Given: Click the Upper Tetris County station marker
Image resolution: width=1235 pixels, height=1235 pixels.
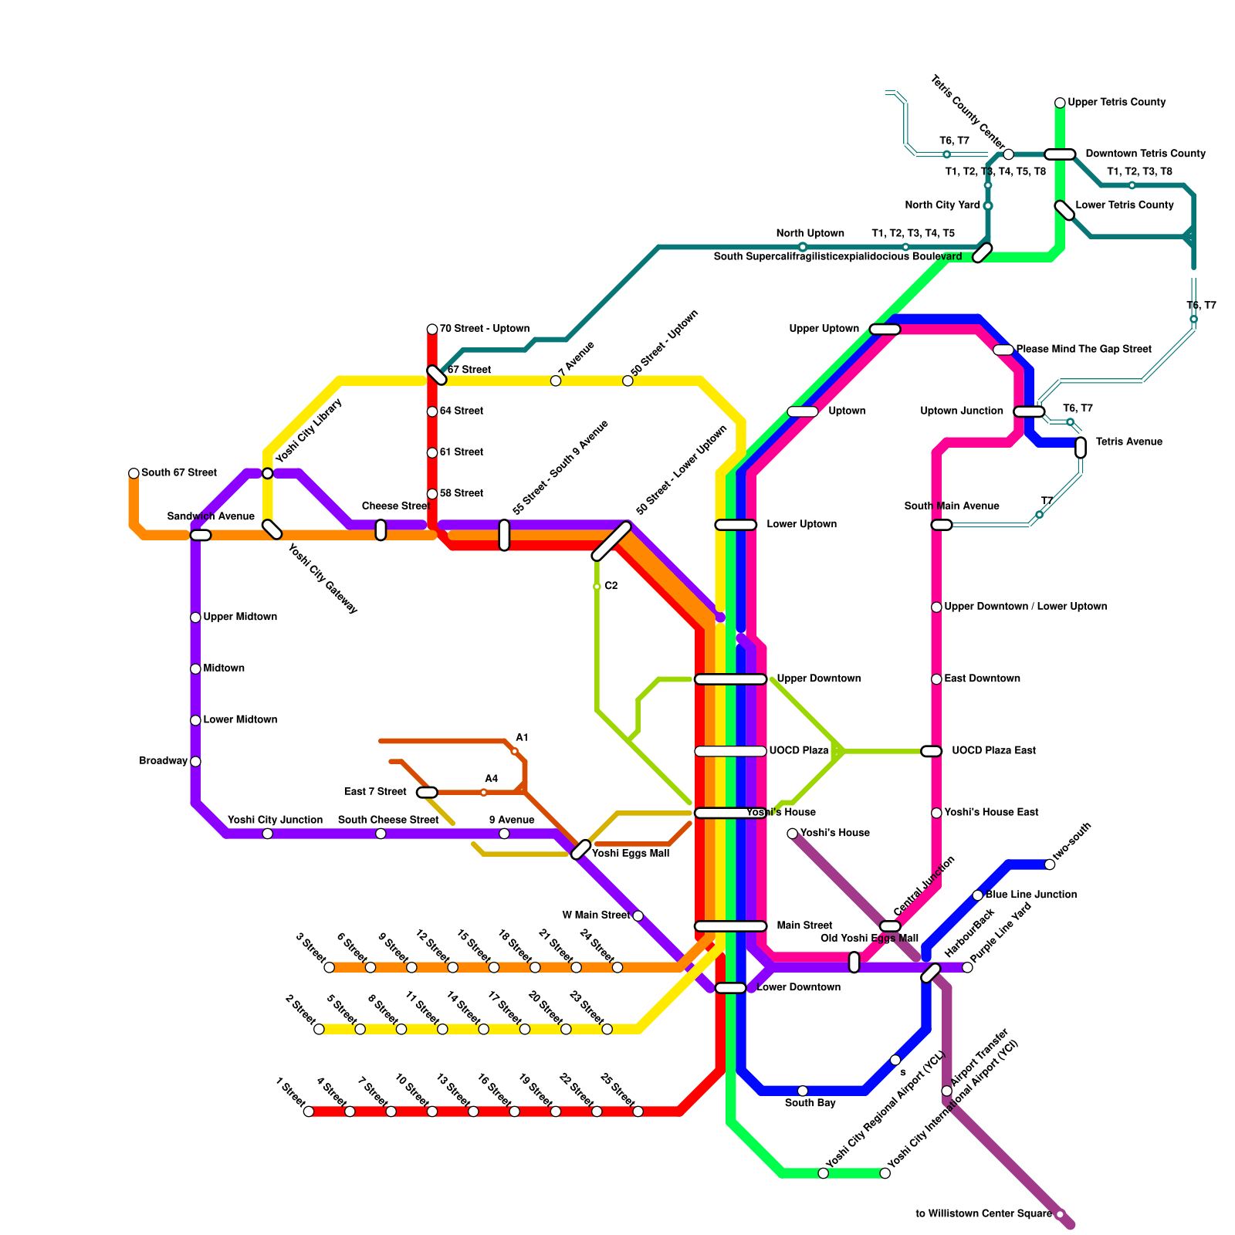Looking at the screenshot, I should [x=1060, y=103].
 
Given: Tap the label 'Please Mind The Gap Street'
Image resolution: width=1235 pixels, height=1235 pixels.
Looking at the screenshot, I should [x=1083, y=349].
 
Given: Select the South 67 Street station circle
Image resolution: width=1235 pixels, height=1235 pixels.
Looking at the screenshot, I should [x=134, y=473].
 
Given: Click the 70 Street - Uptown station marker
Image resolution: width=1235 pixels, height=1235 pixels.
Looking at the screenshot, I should [x=432, y=330].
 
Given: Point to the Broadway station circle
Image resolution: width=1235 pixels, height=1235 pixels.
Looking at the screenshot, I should [x=195, y=762].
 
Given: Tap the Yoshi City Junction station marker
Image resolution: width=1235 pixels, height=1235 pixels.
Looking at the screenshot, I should [x=267, y=834].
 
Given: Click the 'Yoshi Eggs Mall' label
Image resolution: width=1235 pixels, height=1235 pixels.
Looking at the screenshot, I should [x=630, y=853].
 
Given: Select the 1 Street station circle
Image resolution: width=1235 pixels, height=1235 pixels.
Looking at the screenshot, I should [x=309, y=1111].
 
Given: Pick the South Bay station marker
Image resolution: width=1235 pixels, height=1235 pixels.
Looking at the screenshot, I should [x=803, y=1091].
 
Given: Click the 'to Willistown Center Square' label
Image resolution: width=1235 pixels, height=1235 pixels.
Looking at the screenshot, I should [x=983, y=1214].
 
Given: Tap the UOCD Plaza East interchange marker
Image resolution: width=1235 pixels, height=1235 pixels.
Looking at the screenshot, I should [x=932, y=751].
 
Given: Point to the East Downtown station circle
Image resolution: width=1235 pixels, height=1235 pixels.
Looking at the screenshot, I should [x=936, y=679].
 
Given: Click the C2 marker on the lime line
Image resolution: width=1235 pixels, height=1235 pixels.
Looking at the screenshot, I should [x=597, y=587].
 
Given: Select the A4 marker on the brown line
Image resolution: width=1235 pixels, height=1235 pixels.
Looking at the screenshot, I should [x=484, y=793].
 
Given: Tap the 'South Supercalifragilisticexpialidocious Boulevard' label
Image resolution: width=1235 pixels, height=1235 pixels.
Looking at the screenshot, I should [x=837, y=256].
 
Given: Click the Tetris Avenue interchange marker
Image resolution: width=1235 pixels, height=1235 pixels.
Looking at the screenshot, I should [x=1081, y=448].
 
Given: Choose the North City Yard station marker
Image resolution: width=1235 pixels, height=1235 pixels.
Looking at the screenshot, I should [x=988, y=206].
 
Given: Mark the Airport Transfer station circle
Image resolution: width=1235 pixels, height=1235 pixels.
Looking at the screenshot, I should [x=947, y=1091].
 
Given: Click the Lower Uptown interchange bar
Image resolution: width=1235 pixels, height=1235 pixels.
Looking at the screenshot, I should [x=736, y=525].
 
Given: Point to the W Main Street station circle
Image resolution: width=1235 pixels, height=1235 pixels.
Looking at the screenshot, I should [x=638, y=916].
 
